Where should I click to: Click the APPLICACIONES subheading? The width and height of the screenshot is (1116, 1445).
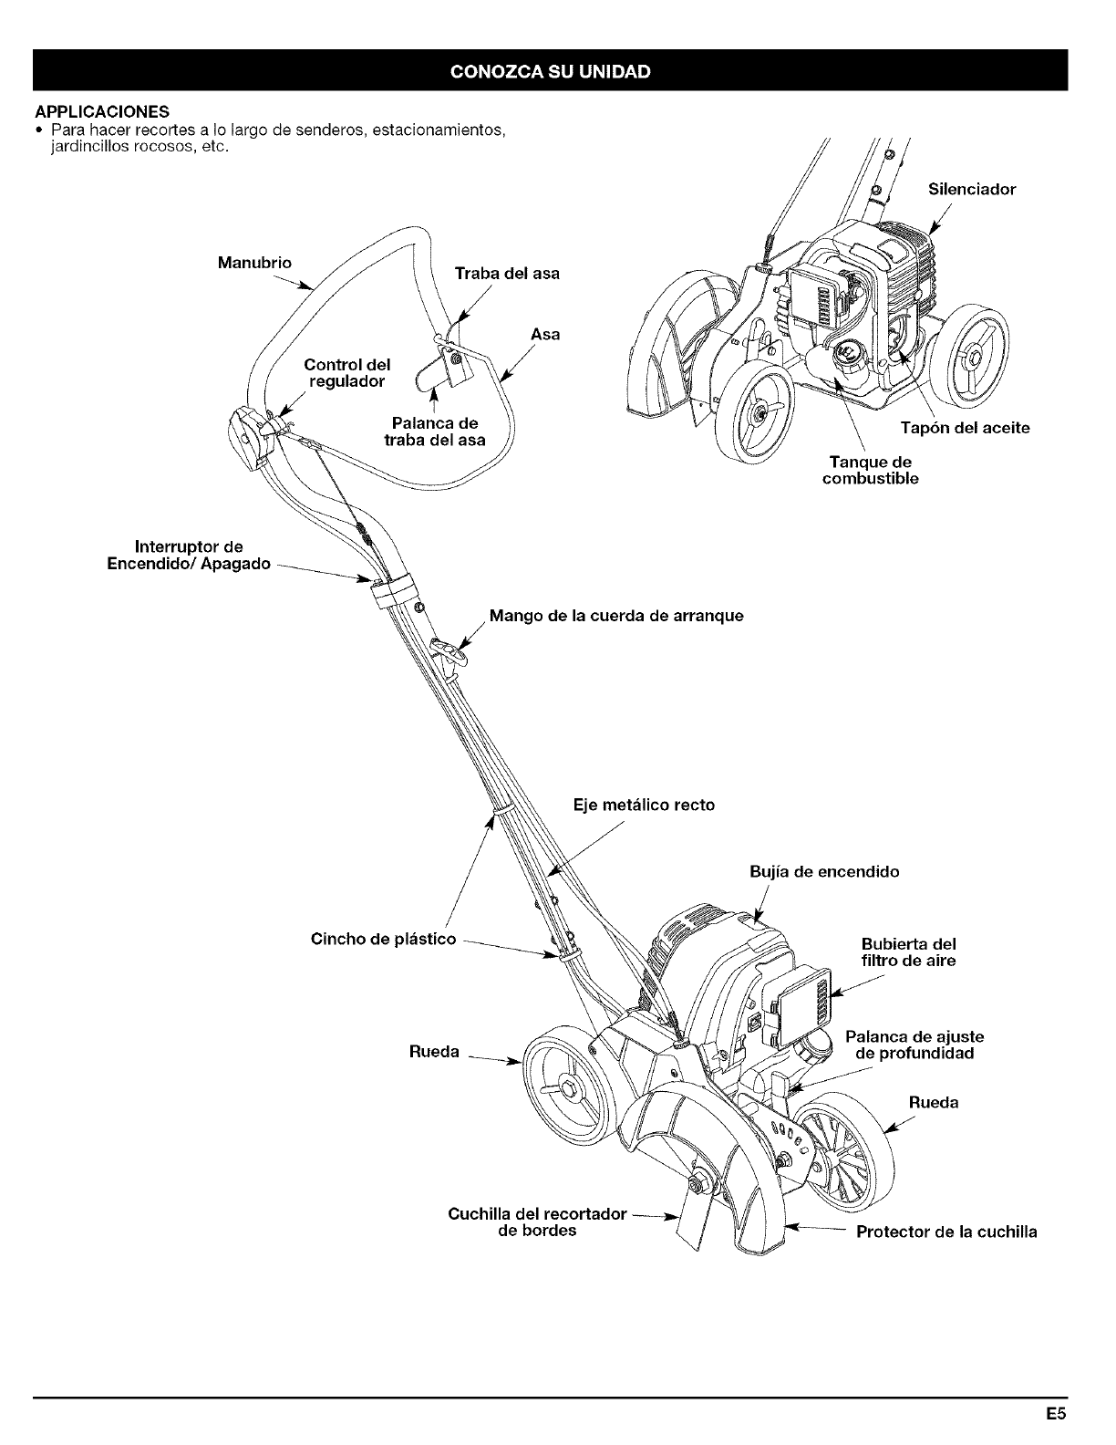click(101, 112)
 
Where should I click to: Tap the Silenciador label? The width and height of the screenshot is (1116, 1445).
click(971, 190)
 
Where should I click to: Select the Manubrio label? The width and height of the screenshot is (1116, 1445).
click(254, 263)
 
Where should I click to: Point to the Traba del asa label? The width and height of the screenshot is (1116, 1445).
click(507, 273)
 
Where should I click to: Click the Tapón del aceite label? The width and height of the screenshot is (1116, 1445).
click(965, 428)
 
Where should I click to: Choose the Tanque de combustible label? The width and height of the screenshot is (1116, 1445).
click(870, 471)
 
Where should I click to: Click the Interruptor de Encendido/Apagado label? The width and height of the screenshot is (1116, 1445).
click(190, 556)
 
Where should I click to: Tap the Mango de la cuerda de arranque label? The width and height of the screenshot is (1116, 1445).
click(616, 616)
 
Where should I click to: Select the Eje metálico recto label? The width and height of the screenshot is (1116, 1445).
click(644, 805)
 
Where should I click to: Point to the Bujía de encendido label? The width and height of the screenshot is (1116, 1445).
click(823, 871)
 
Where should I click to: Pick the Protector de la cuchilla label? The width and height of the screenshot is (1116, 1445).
click(945, 1232)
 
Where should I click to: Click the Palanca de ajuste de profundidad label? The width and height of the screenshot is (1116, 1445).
click(914, 1045)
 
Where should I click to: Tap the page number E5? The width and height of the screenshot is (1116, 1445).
click(1056, 1416)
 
